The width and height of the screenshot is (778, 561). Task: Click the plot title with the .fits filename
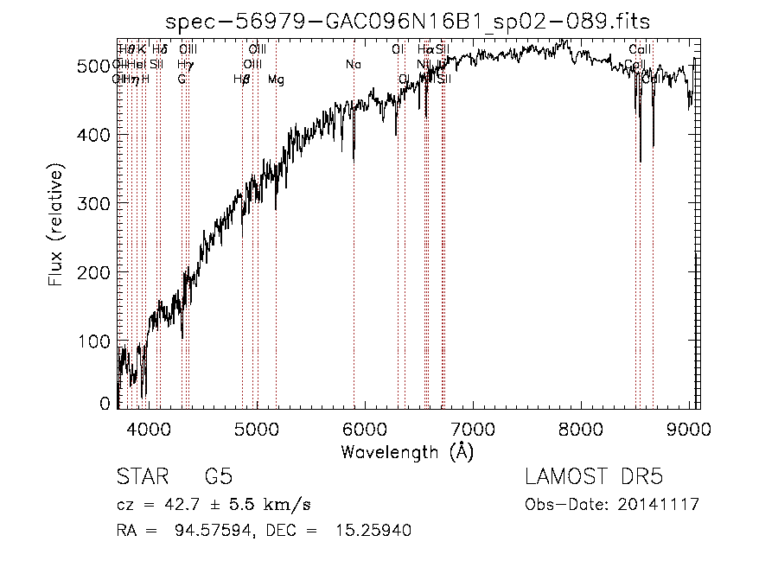tap(408, 22)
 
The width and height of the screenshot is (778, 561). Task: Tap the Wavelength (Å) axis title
tap(407, 451)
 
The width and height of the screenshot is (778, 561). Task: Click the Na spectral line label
tap(353, 65)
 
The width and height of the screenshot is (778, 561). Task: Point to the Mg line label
tap(276, 80)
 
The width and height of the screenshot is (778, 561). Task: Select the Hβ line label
tap(242, 80)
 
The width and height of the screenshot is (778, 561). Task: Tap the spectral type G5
tap(218, 476)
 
